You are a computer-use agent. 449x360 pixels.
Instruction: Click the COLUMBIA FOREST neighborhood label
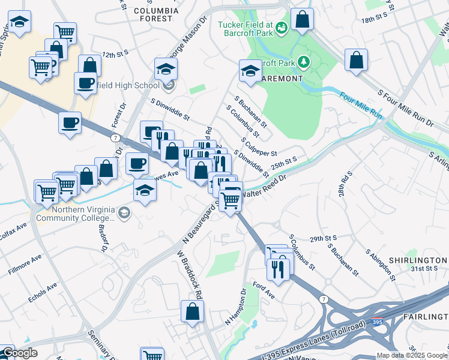point(156,14)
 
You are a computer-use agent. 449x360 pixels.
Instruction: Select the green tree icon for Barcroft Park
point(304,62)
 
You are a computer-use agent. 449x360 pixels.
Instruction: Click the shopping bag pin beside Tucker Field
point(303,19)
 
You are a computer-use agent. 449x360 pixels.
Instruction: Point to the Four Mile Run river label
point(360,104)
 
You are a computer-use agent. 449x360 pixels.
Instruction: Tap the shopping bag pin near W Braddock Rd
point(192,311)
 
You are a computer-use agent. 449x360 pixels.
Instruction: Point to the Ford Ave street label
point(264,290)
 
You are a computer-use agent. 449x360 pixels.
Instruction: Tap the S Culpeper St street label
point(259,147)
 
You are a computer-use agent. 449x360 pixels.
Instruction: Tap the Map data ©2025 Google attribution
point(412,355)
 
